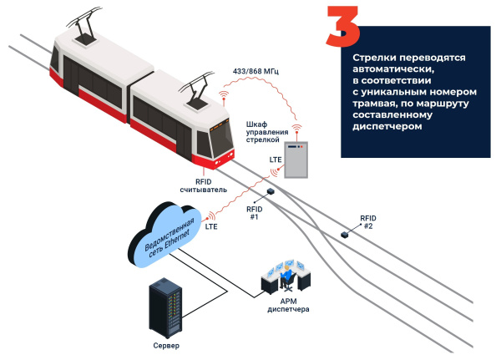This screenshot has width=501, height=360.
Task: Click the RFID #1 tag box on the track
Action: click(271, 192)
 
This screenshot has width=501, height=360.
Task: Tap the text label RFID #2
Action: click(368, 221)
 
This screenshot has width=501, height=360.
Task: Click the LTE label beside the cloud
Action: click(213, 226)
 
